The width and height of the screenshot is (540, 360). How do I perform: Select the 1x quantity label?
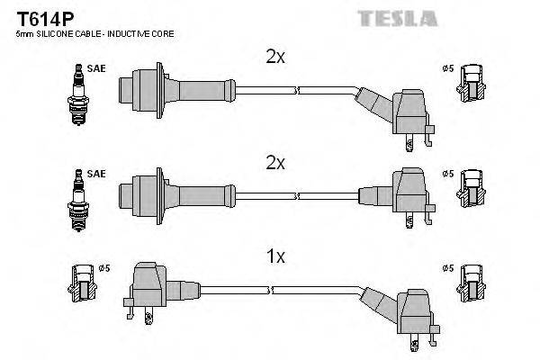[x=275, y=256]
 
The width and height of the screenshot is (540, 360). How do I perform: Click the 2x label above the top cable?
[x=275, y=57]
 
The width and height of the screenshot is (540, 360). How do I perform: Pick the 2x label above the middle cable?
[x=275, y=163]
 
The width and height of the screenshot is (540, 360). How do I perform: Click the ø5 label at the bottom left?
[x=103, y=267]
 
